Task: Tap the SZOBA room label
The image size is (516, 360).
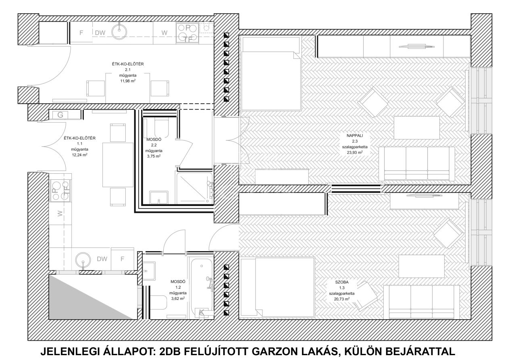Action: (342, 282)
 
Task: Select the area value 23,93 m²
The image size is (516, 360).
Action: (355, 152)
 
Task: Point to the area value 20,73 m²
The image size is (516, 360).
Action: (342, 299)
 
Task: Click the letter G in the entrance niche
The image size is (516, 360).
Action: (60, 115)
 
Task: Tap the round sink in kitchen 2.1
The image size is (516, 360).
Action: (119, 30)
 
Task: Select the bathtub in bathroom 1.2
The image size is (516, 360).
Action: (201, 288)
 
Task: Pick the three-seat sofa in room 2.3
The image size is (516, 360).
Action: (417, 164)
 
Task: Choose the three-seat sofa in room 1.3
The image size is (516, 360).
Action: (421, 302)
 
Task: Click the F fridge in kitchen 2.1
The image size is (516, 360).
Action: (81, 33)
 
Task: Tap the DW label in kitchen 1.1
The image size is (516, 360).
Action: (102, 259)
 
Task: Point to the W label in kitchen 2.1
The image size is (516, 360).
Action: (164, 33)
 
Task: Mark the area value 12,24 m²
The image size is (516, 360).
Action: (80, 155)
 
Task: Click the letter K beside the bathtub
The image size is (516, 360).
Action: (202, 312)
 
